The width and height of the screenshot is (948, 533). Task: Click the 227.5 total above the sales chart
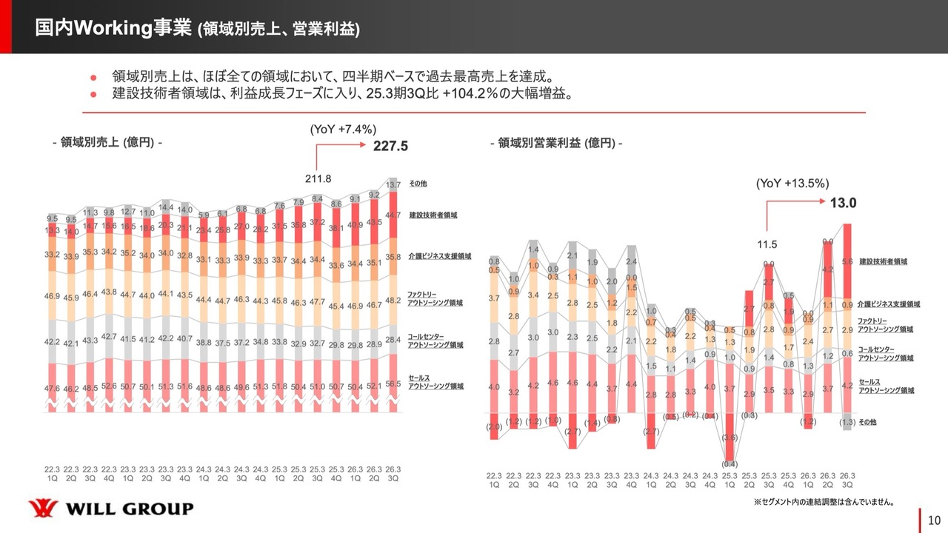(x=390, y=147)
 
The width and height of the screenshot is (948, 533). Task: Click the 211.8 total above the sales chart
(x=318, y=178)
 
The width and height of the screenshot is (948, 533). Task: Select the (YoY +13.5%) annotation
(x=792, y=184)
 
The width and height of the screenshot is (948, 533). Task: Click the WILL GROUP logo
(x=111, y=509)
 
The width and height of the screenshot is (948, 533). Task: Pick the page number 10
(x=934, y=520)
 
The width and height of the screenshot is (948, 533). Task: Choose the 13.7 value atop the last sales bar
(x=394, y=184)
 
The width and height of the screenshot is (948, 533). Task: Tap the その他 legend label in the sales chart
(x=418, y=183)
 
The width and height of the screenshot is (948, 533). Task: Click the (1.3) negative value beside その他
(x=847, y=423)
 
